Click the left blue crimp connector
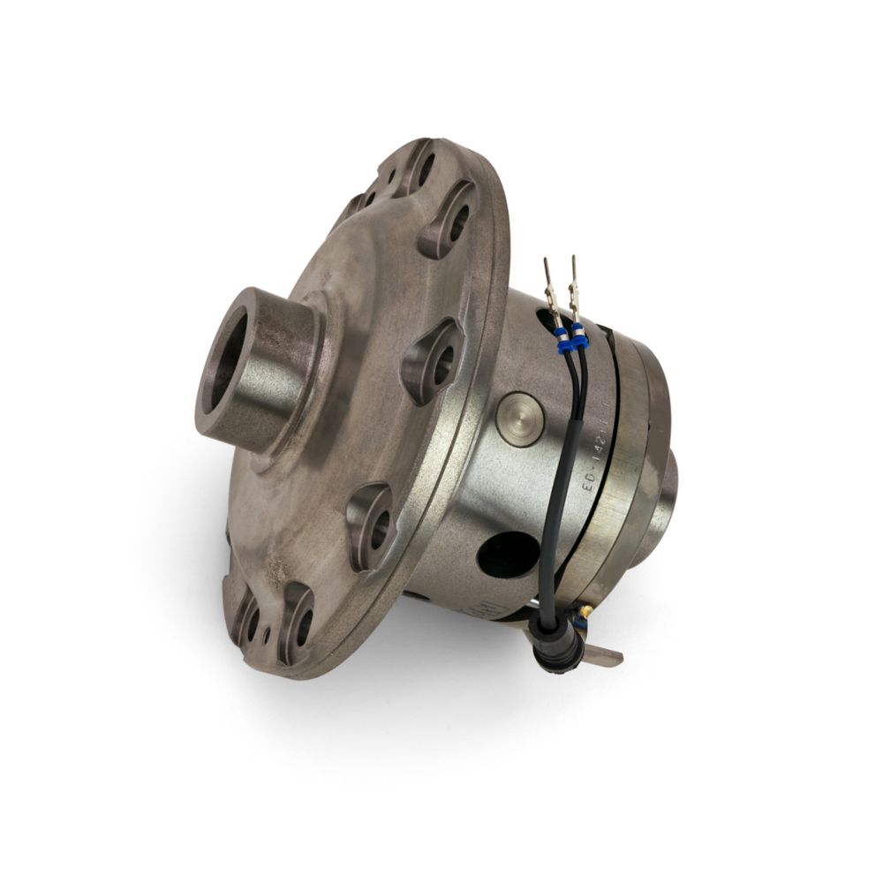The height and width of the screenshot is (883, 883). click(x=559, y=336)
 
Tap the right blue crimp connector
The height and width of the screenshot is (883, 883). click(x=579, y=334)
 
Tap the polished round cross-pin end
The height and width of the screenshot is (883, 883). click(x=520, y=419)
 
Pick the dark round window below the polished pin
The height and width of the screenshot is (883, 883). click(x=508, y=555)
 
